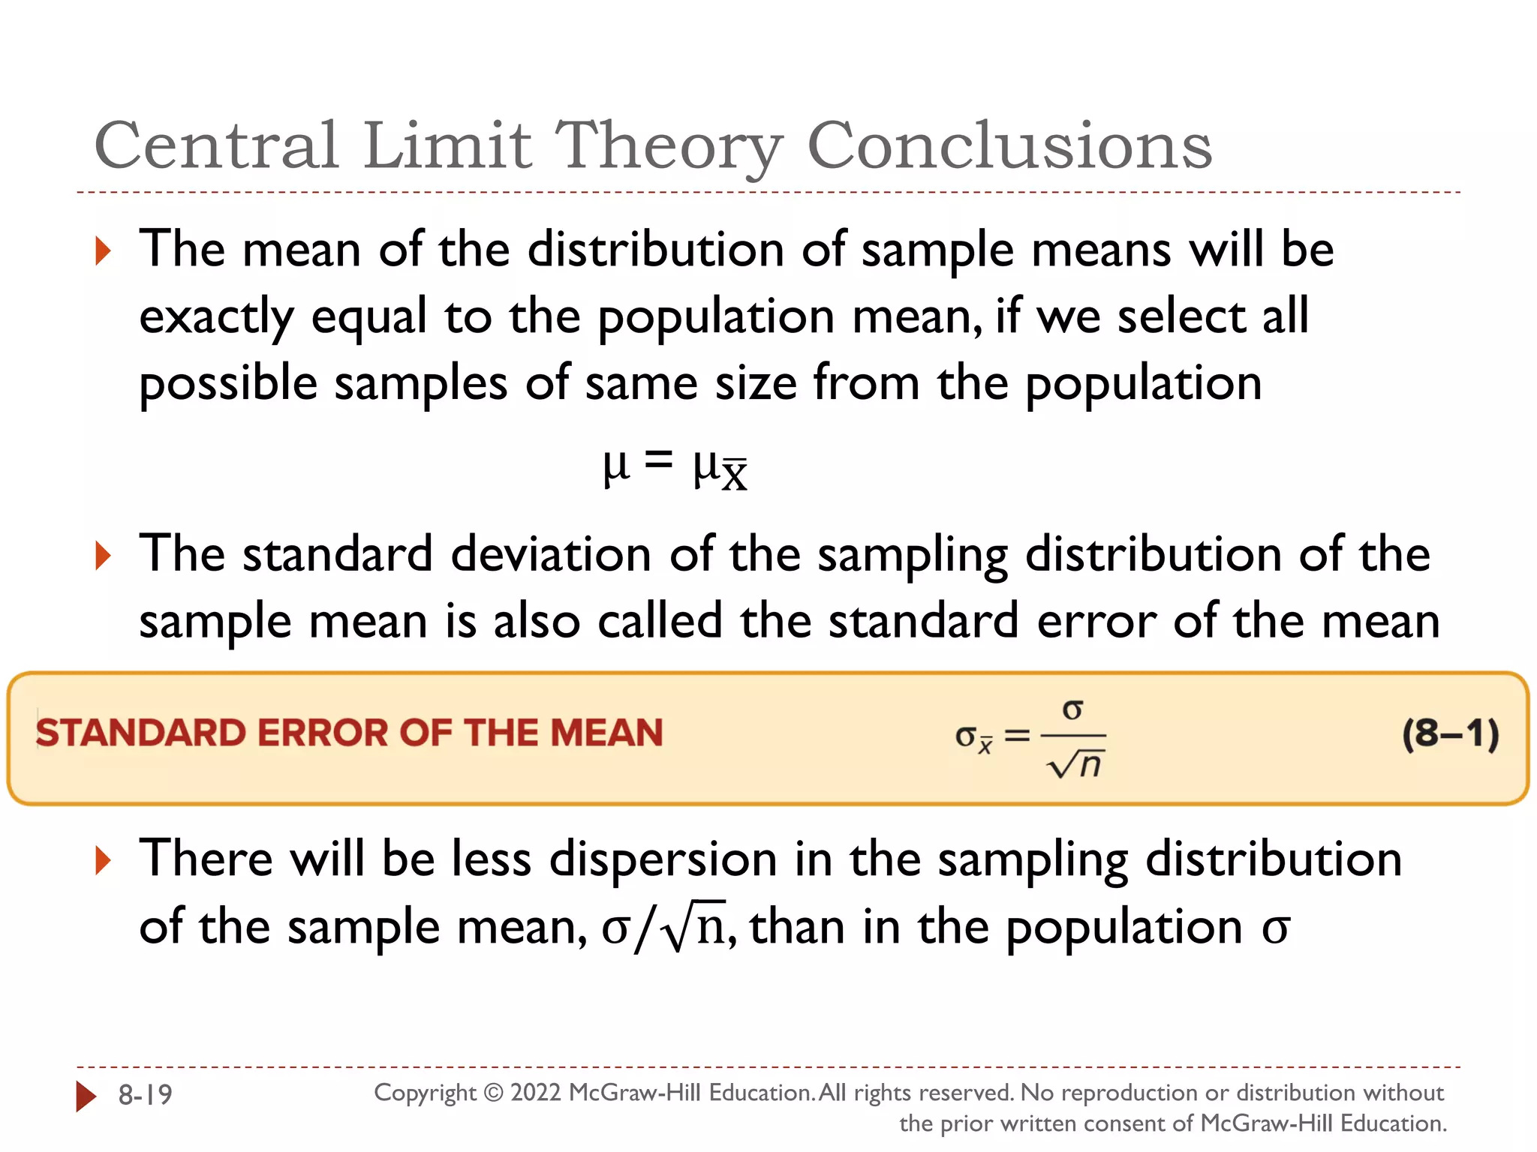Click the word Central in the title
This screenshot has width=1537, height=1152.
(x=216, y=145)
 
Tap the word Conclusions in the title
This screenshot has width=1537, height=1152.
(x=1009, y=145)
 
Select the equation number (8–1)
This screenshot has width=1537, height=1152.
(x=1450, y=733)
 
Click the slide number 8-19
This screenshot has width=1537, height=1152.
(x=146, y=1095)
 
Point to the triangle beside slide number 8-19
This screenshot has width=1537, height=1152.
(x=86, y=1096)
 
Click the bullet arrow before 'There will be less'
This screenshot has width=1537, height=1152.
(x=104, y=860)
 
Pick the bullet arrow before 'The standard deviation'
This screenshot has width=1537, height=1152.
(x=104, y=556)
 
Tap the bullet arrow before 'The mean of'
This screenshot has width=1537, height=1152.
(x=104, y=250)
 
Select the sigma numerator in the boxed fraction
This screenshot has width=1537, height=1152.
(x=1073, y=709)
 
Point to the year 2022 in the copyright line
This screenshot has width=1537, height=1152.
(x=535, y=1093)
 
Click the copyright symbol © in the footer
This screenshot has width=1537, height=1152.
(x=492, y=1093)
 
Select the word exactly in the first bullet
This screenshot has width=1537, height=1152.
(x=216, y=317)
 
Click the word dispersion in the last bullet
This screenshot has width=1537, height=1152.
(x=663, y=859)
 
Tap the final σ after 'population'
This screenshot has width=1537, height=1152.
(x=1275, y=929)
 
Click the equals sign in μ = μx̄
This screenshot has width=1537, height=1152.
(x=658, y=459)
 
